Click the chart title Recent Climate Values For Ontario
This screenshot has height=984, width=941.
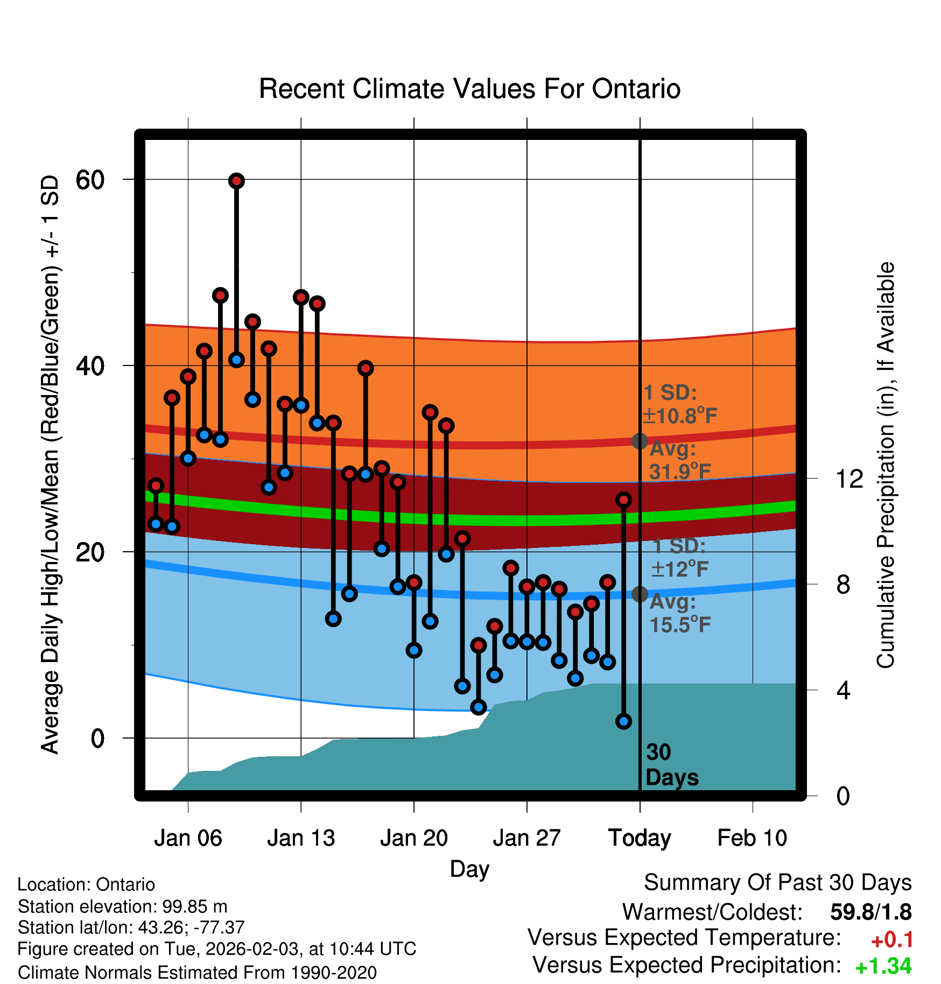click(x=469, y=89)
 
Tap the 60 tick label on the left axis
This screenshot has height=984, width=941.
click(x=90, y=180)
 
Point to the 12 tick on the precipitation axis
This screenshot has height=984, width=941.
click(x=849, y=479)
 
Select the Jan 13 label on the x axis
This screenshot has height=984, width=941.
click(x=301, y=838)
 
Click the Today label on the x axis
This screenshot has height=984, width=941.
click(x=640, y=838)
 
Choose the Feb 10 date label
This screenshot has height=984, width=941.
click(x=752, y=838)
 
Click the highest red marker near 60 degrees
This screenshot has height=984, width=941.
click(x=236, y=181)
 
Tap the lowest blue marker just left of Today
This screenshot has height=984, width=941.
click(x=624, y=721)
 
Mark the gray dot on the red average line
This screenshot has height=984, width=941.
click(x=640, y=441)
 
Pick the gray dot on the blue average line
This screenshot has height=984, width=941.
click(x=640, y=594)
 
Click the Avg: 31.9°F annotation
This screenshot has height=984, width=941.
click(x=679, y=461)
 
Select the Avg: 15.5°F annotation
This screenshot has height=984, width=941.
click(x=679, y=614)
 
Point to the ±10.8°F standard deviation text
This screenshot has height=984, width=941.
click(x=679, y=416)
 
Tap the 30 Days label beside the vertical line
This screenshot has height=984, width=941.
click(x=671, y=765)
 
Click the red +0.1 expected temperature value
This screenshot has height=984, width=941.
click(x=891, y=940)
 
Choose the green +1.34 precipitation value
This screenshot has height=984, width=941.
click(x=883, y=966)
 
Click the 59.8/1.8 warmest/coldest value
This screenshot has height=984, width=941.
click(x=870, y=912)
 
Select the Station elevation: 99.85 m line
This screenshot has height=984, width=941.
click(x=123, y=906)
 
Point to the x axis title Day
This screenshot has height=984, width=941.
click(x=469, y=869)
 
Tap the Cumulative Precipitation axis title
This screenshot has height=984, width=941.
click(x=886, y=465)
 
